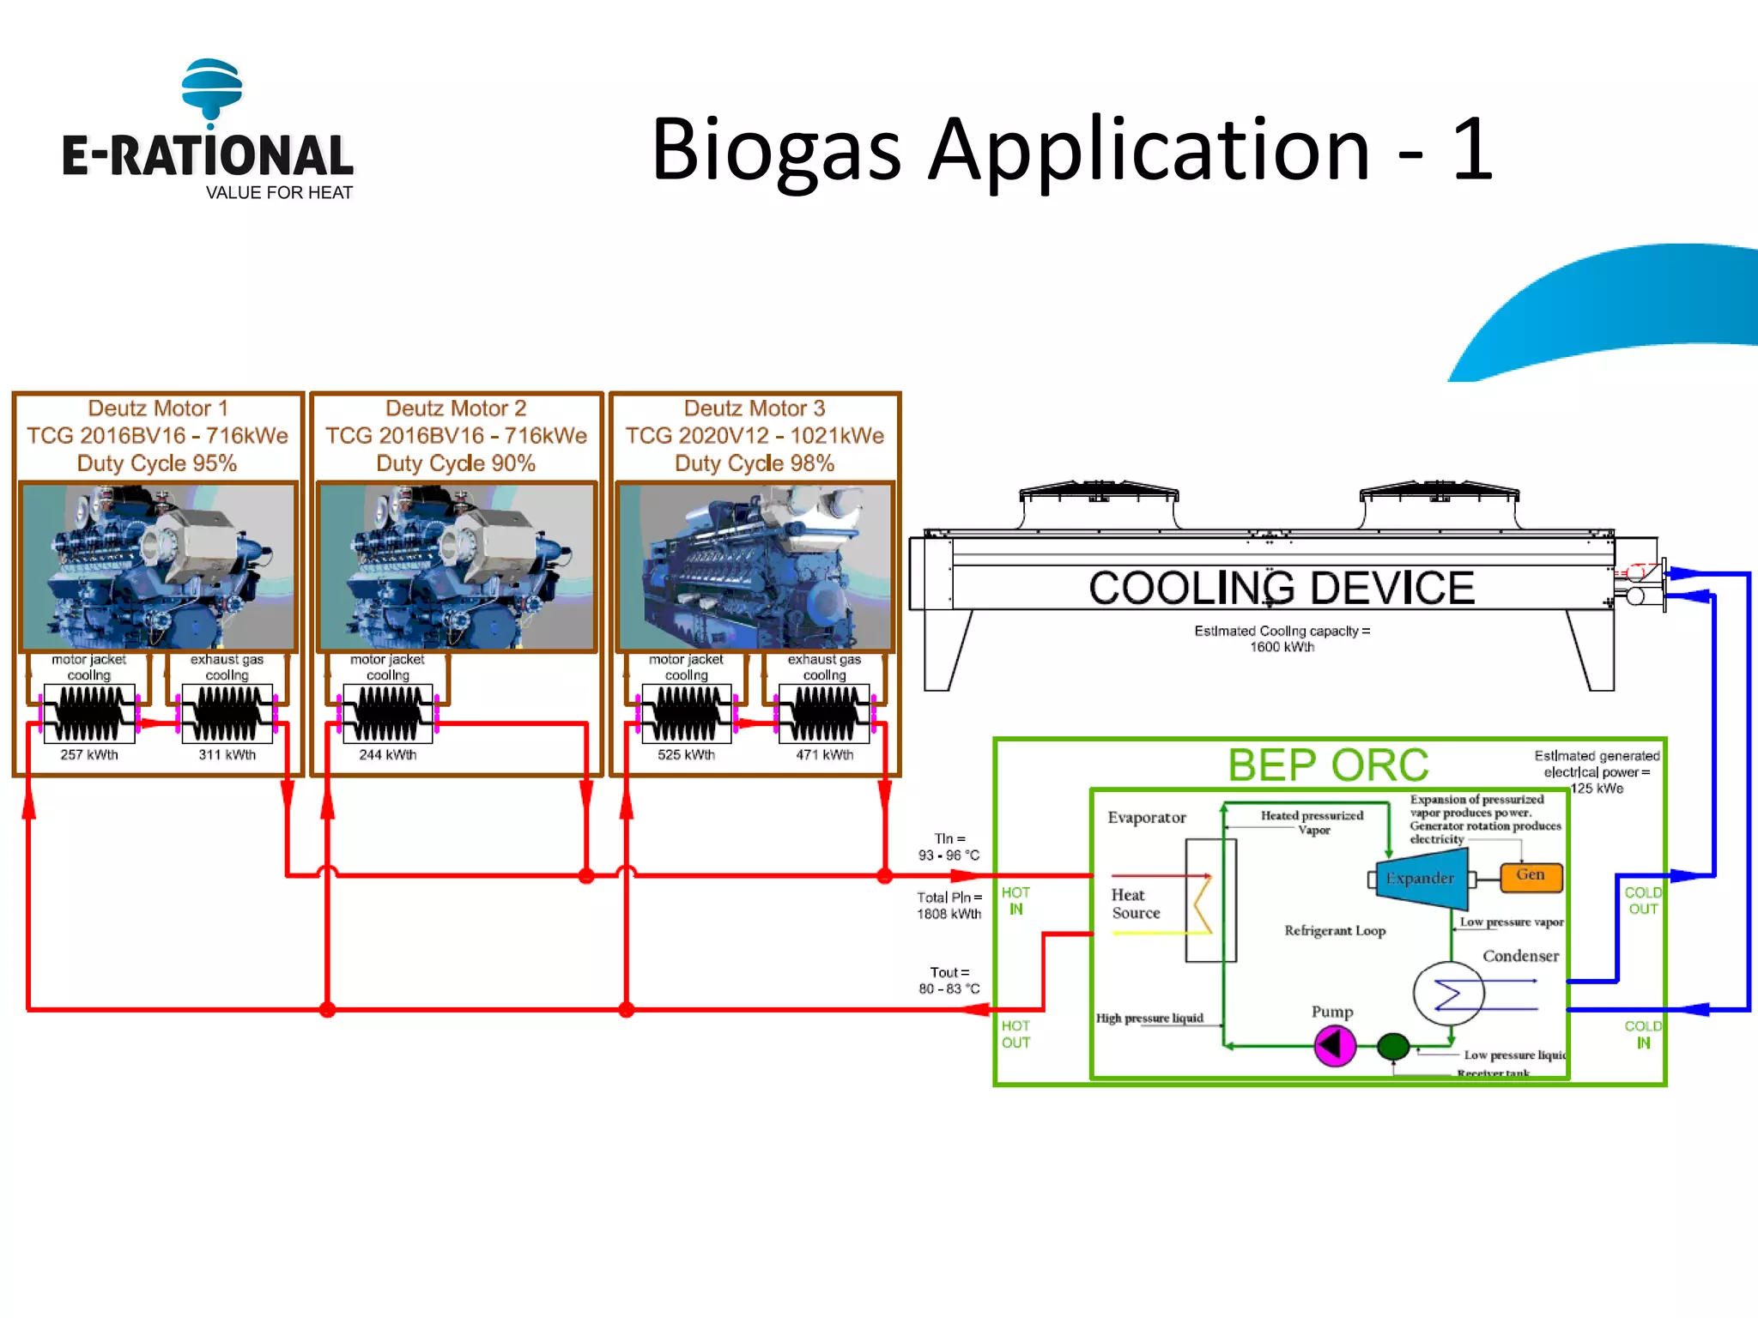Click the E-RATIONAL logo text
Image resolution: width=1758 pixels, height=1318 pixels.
click(207, 156)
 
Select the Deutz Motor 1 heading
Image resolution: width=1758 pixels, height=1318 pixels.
click(158, 408)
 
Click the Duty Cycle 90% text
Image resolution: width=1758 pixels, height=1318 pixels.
click(456, 463)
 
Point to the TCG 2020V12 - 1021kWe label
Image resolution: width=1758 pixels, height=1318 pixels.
click(755, 436)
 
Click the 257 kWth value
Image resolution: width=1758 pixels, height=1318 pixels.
click(89, 755)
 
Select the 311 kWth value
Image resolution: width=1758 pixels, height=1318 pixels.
click(227, 755)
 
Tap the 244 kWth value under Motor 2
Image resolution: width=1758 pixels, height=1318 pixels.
click(388, 755)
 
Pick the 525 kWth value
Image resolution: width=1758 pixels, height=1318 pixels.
click(687, 755)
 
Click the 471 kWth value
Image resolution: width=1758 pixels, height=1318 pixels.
click(825, 755)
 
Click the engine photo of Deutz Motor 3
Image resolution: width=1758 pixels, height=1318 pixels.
click(755, 567)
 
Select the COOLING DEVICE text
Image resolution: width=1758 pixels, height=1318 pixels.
click(1282, 589)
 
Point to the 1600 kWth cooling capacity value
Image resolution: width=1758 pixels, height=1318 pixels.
click(1282, 647)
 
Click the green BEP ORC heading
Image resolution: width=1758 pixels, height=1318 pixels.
click(1328, 765)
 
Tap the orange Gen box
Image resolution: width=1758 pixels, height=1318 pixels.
click(1531, 876)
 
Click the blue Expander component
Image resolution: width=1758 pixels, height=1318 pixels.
click(1422, 879)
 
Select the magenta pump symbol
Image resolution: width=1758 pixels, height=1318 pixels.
click(1335, 1046)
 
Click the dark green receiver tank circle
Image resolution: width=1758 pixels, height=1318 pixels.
click(1393, 1046)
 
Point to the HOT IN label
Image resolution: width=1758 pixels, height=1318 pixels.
click(1015, 901)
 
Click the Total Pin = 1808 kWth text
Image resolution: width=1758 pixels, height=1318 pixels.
click(949, 906)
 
